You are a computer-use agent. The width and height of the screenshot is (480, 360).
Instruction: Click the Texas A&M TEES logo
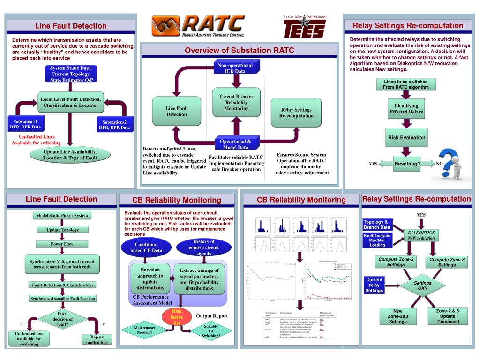click(x=305, y=27)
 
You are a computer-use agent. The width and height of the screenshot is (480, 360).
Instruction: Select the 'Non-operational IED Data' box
click(x=235, y=68)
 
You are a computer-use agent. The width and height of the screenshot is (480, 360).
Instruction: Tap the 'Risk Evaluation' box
click(x=406, y=138)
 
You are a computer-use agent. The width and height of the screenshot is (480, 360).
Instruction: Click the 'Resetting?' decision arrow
click(x=406, y=164)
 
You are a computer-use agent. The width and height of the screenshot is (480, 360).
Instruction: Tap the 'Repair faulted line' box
click(x=97, y=339)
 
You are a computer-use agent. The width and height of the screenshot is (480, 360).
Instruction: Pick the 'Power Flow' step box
click(x=62, y=244)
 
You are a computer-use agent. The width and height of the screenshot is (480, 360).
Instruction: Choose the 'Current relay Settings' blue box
click(x=374, y=285)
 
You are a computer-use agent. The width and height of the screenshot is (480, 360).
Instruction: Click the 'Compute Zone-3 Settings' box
click(x=446, y=262)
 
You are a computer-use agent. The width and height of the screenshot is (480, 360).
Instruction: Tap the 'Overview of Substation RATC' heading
click(x=239, y=50)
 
